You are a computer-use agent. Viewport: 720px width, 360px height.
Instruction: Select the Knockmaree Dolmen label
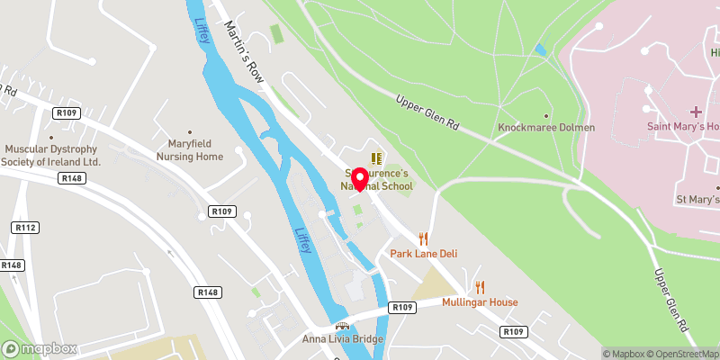[x=546, y=128]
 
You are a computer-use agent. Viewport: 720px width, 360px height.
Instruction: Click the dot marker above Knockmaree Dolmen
[x=546, y=115]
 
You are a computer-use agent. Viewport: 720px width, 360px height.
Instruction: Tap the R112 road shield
[x=25, y=229]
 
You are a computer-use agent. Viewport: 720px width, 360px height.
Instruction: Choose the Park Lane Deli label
[x=423, y=254]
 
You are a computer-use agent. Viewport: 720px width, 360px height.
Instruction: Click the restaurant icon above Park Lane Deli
[x=423, y=239]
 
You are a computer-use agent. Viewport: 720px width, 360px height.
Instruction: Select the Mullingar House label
[x=480, y=302]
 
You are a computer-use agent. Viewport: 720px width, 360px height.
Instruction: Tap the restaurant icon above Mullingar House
[x=480, y=288]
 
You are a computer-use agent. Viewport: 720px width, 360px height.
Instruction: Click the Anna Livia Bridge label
[x=342, y=339]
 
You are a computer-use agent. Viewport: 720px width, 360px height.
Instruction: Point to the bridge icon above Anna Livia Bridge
[x=342, y=326]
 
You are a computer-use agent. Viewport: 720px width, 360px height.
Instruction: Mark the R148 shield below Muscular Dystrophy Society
[x=74, y=179]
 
